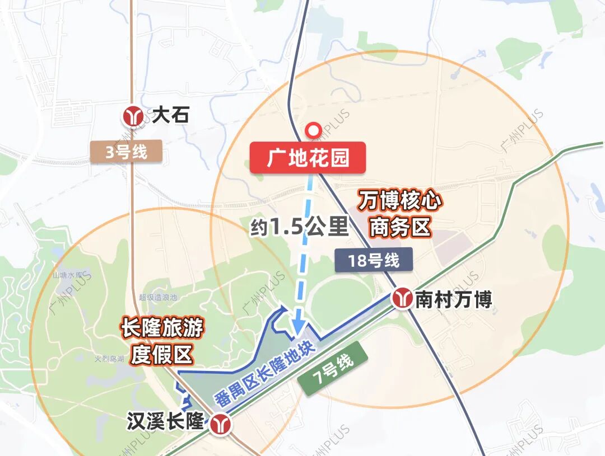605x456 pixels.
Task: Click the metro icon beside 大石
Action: pos(134,116)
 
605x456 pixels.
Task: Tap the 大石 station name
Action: pos(171,116)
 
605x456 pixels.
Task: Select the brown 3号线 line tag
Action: pos(126,152)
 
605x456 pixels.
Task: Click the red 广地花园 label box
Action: pos(308,158)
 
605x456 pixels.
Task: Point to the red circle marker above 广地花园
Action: pos(314,130)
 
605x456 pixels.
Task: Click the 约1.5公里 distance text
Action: pos(299,227)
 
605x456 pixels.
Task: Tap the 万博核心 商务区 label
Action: pos(400,214)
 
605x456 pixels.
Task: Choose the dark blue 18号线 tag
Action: pos(373,260)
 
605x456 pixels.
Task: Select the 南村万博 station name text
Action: pos(453,299)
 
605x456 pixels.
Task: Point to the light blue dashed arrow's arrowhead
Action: pos(297,327)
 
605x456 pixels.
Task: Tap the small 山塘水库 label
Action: pos(68,275)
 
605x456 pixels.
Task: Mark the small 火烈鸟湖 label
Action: pos(109,359)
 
